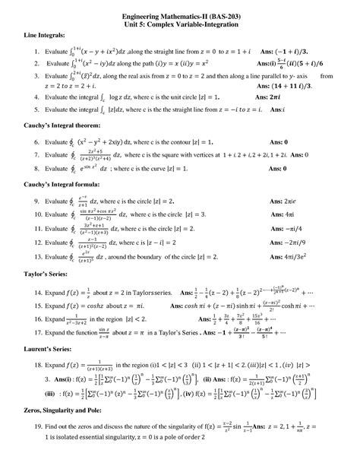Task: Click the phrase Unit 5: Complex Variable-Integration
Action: [181, 25]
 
